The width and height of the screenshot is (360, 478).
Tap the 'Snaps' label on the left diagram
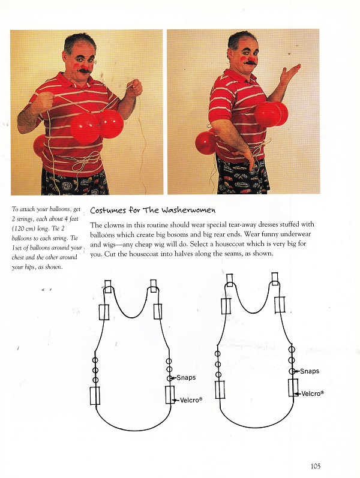186,377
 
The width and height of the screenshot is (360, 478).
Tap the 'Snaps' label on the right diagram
310,371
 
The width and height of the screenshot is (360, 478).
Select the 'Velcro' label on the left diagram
191,399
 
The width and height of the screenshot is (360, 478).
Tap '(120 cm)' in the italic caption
26,230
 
